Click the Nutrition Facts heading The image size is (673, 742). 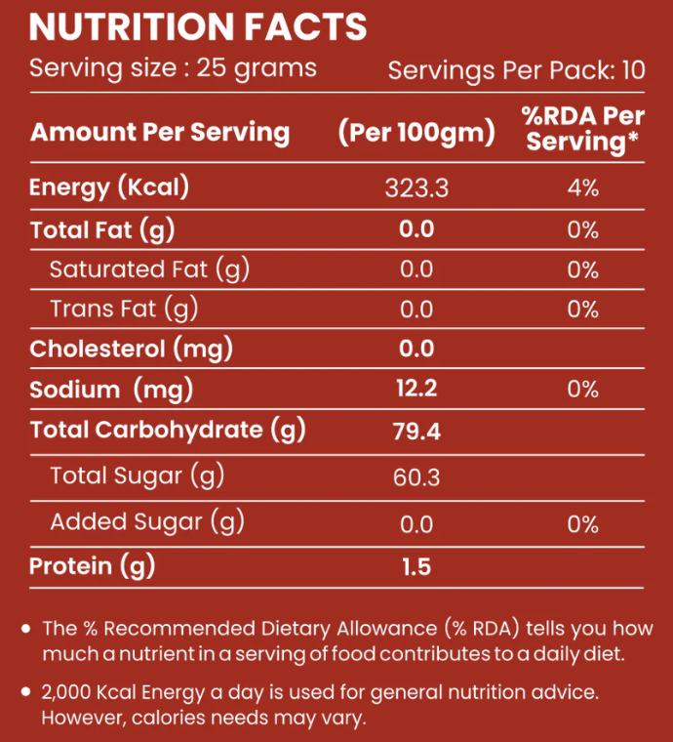(198, 27)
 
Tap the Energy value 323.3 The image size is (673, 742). (416, 187)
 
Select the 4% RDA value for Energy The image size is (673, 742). (582, 187)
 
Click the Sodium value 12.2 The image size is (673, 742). (416, 390)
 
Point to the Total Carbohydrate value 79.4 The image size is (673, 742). (416, 431)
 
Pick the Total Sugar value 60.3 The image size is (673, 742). (416, 477)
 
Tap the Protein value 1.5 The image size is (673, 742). (416, 566)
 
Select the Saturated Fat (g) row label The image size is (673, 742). (149, 269)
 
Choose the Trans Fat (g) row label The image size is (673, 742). (124, 309)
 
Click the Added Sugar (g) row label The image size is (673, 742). (146, 522)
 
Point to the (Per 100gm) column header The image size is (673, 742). (416, 133)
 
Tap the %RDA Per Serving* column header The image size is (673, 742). (582, 129)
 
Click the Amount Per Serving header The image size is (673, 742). (160, 133)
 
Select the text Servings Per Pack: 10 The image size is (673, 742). (517, 70)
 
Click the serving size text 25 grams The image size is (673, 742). (257, 68)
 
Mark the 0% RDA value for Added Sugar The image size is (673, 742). (582, 524)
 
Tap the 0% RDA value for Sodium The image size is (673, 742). (582, 390)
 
